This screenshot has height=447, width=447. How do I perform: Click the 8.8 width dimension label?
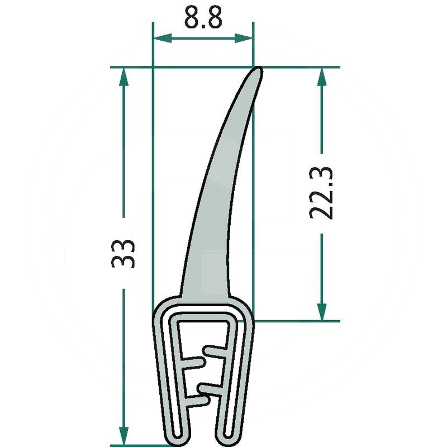click(x=203, y=18)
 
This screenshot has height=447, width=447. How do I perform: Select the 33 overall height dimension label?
click(x=123, y=254)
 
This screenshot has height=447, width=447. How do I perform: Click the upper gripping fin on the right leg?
click(x=215, y=351)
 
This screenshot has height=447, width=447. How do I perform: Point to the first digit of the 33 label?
click(x=123, y=262)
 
